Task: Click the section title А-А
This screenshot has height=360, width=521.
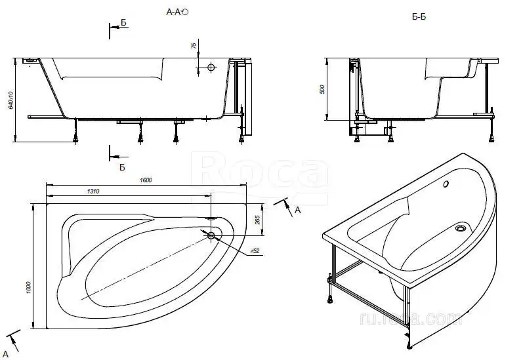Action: pyautogui.click(x=175, y=12)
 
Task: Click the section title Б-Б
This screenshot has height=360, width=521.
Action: pyautogui.click(x=419, y=16)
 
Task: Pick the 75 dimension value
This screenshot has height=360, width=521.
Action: pyautogui.click(x=194, y=46)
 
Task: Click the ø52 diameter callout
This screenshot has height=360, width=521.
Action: pyautogui.click(x=255, y=252)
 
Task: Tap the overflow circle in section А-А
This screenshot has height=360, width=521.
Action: pyautogui.click(x=211, y=67)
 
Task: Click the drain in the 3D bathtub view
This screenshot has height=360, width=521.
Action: pyautogui.click(x=461, y=229)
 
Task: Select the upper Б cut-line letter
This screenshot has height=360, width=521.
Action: pyautogui.click(x=123, y=23)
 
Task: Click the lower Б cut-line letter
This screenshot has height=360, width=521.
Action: pyautogui.click(x=122, y=167)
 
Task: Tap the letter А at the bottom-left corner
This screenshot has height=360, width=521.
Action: pyautogui.click(x=5, y=354)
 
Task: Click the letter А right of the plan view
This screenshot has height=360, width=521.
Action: pyautogui.click(x=297, y=210)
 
